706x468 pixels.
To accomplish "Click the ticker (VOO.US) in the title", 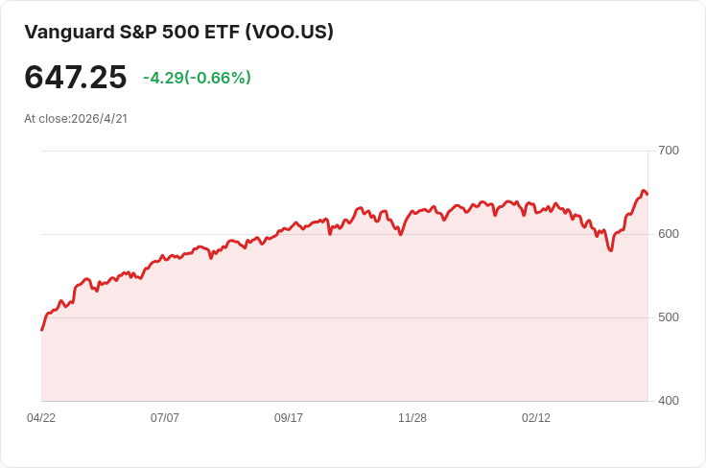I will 290,32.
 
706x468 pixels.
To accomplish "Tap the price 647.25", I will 76,78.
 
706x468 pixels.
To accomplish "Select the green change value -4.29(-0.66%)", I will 197,78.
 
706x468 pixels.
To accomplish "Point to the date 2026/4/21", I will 100,119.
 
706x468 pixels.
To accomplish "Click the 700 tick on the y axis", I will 669,151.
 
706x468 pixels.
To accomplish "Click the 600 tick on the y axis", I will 669,234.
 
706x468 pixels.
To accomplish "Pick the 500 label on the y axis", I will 669,317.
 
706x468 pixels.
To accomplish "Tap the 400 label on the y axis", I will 669,401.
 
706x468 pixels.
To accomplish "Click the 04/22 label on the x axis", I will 41,418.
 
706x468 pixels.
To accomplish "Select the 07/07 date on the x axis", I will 165,418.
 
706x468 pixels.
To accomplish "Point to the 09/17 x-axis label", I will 289,418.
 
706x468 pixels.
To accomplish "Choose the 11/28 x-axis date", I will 412,418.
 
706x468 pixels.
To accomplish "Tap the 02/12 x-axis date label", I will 536,418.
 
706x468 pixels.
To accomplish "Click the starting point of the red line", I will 41,330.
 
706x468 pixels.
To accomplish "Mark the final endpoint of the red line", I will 647,195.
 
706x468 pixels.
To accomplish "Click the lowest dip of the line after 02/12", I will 610,250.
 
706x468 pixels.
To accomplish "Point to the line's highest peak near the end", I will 644,191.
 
